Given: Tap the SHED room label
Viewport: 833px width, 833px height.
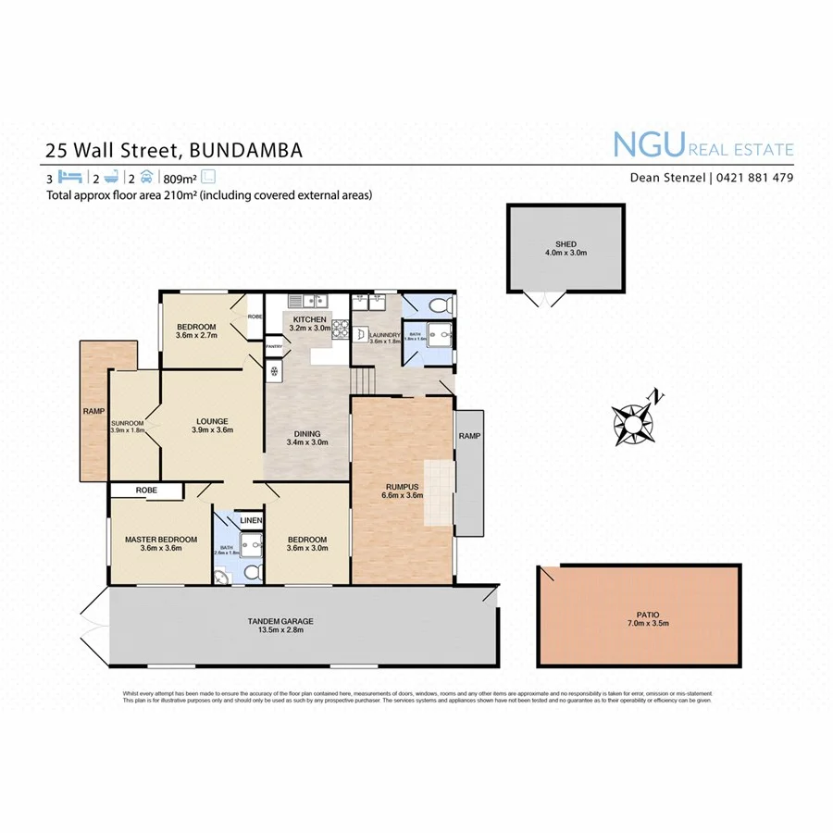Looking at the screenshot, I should coord(565,244).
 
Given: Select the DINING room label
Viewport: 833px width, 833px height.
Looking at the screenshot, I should coord(307,433).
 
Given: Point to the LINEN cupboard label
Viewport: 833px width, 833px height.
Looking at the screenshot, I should coord(251,521).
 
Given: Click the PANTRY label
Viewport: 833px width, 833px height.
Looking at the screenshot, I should coord(274,347).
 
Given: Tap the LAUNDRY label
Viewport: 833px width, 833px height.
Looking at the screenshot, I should coord(383,335).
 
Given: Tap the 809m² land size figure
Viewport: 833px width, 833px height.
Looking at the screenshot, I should coord(180,178).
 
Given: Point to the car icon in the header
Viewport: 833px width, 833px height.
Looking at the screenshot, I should coord(146,177).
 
